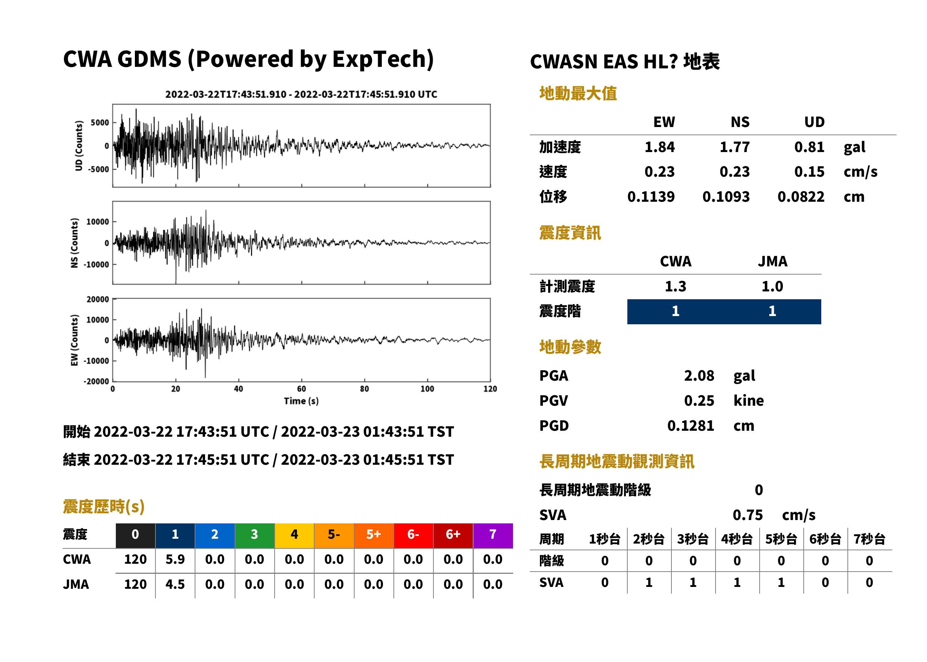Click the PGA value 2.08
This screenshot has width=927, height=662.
[x=699, y=375]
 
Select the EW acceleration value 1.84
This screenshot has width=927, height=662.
[x=659, y=147]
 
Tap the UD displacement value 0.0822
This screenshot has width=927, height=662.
[x=801, y=197]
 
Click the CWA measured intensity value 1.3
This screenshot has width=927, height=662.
[x=676, y=286]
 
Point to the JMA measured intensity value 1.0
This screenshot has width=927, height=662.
[x=772, y=286]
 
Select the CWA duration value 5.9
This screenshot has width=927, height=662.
[x=175, y=559]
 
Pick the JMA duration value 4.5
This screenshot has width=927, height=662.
[x=175, y=584]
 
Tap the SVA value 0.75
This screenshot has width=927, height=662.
[x=747, y=515]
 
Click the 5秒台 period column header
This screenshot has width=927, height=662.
[x=781, y=539]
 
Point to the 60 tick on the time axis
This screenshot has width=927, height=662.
[x=301, y=389]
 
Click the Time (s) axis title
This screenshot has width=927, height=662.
[x=301, y=401]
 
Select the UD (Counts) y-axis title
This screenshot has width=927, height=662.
[x=79, y=146]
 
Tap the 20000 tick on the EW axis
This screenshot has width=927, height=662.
[x=98, y=299]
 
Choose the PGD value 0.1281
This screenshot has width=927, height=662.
[x=690, y=426]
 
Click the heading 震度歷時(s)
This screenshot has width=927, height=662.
[x=103, y=507]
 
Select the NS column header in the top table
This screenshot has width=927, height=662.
[x=740, y=122]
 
